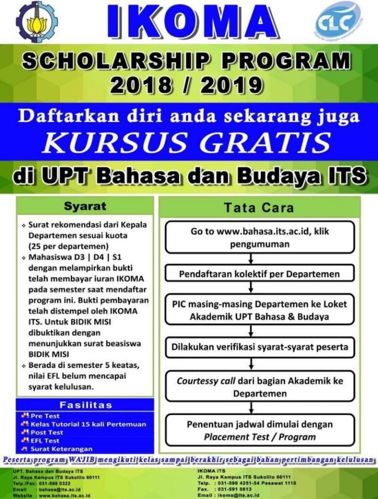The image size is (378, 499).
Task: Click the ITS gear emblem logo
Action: pyautogui.click(x=36, y=22)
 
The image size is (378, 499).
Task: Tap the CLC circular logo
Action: pyautogui.click(x=338, y=21)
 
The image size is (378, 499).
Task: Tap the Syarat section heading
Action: pyautogui.click(x=85, y=205)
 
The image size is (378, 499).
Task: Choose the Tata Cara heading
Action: pyautogui.click(x=259, y=208)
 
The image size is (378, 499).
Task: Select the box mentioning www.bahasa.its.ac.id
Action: pyautogui.click(x=259, y=237)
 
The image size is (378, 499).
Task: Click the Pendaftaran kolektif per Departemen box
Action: pyautogui.click(x=259, y=273)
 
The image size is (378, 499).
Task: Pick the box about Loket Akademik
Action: pyautogui.click(x=259, y=310)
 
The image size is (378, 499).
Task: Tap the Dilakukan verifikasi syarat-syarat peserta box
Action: pyautogui.click(x=259, y=347)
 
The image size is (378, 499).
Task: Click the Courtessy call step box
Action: pyautogui.click(x=259, y=387)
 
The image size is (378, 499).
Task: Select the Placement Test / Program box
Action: pyautogui.click(x=259, y=430)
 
